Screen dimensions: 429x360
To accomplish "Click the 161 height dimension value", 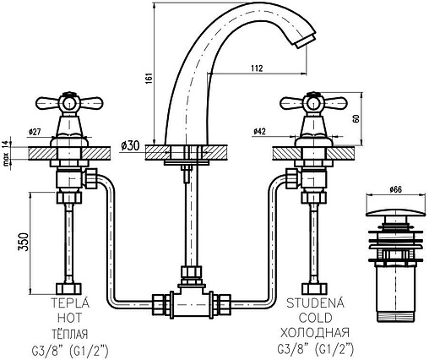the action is tap(149, 78).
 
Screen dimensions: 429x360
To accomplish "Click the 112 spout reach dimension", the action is tap(257, 68).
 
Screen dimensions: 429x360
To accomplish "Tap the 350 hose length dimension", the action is tap(24, 242).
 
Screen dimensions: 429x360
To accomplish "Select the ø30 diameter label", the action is tap(131, 145).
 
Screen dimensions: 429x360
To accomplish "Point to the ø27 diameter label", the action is tap(35, 131).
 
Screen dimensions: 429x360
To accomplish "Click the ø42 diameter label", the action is tap(260, 131).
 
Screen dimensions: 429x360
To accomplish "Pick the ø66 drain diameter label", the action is tap(396, 189).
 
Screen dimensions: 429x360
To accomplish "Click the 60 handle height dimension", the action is tap(356, 118).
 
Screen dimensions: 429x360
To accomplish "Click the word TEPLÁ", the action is tap(70, 303).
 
